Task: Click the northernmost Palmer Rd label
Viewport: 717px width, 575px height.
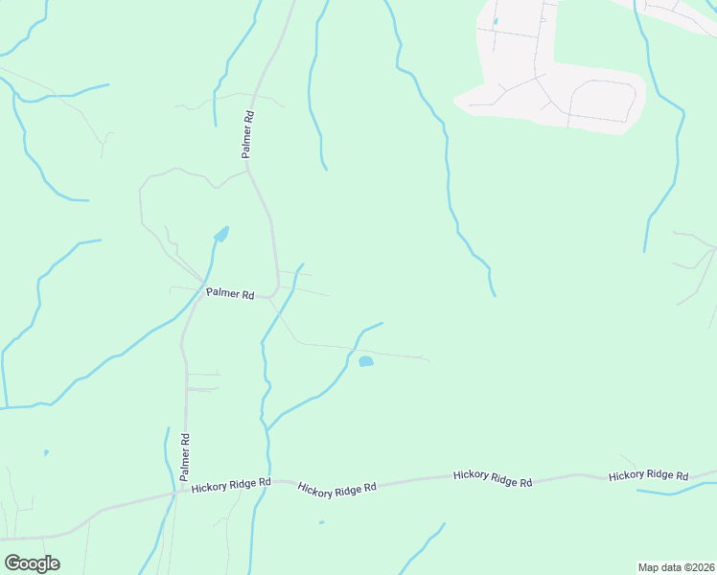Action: click(247, 135)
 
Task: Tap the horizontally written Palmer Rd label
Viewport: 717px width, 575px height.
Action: click(229, 295)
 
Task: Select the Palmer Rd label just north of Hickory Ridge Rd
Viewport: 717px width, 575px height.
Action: click(185, 456)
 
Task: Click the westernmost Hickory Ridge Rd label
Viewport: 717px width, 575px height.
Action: click(231, 486)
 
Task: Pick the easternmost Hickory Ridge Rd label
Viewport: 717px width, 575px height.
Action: click(649, 475)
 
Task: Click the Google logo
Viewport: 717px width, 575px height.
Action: click(32, 563)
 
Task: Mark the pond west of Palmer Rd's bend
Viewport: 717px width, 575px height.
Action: click(221, 234)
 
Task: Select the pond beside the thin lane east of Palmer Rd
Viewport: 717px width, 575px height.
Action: click(365, 361)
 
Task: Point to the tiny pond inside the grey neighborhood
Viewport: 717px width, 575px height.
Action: click(496, 21)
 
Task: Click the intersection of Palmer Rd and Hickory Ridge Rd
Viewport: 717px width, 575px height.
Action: click(179, 493)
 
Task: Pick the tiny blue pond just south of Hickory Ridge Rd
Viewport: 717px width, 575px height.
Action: click(321, 522)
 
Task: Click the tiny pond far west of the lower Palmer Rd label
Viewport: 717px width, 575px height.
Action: click(46, 452)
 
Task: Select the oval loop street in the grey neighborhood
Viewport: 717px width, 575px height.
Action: click(603, 100)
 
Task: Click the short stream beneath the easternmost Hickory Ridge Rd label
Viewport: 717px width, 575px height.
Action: click(676, 492)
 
